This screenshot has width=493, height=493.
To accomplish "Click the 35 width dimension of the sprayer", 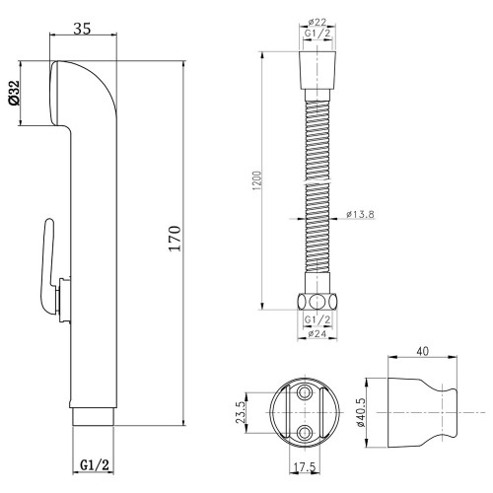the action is click(82, 29).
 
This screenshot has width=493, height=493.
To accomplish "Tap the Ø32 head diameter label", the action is click(14, 93).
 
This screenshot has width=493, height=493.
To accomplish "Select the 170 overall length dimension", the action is click(175, 239).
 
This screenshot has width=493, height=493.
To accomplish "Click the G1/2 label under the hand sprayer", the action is click(95, 464).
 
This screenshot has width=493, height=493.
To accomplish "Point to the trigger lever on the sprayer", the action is click(48, 267).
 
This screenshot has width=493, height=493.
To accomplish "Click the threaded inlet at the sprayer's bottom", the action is click(93, 417).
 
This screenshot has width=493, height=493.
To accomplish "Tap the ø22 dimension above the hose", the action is click(317, 22).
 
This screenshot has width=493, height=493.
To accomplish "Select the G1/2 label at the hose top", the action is click(317, 34).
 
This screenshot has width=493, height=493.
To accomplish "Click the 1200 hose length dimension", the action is click(258, 180).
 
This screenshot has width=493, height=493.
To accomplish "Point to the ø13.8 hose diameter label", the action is click(360, 214).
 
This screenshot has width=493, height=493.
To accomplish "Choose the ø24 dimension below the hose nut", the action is click(317, 333).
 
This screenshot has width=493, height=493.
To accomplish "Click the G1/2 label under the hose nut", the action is click(317, 319).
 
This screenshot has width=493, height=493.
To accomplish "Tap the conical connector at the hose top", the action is click(317, 70).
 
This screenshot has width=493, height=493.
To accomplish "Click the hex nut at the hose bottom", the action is click(317, 302).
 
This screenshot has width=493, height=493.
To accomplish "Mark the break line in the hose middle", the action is click(317, 182).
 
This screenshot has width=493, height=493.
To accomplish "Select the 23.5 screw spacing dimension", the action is click(241, 412).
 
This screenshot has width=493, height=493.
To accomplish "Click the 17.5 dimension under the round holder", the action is click(305, 467).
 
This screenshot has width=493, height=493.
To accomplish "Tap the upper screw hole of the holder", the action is click(305, 392).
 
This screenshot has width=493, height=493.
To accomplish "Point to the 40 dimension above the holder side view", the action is click(423, 351).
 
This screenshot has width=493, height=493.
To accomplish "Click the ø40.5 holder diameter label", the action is click(361, 412).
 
